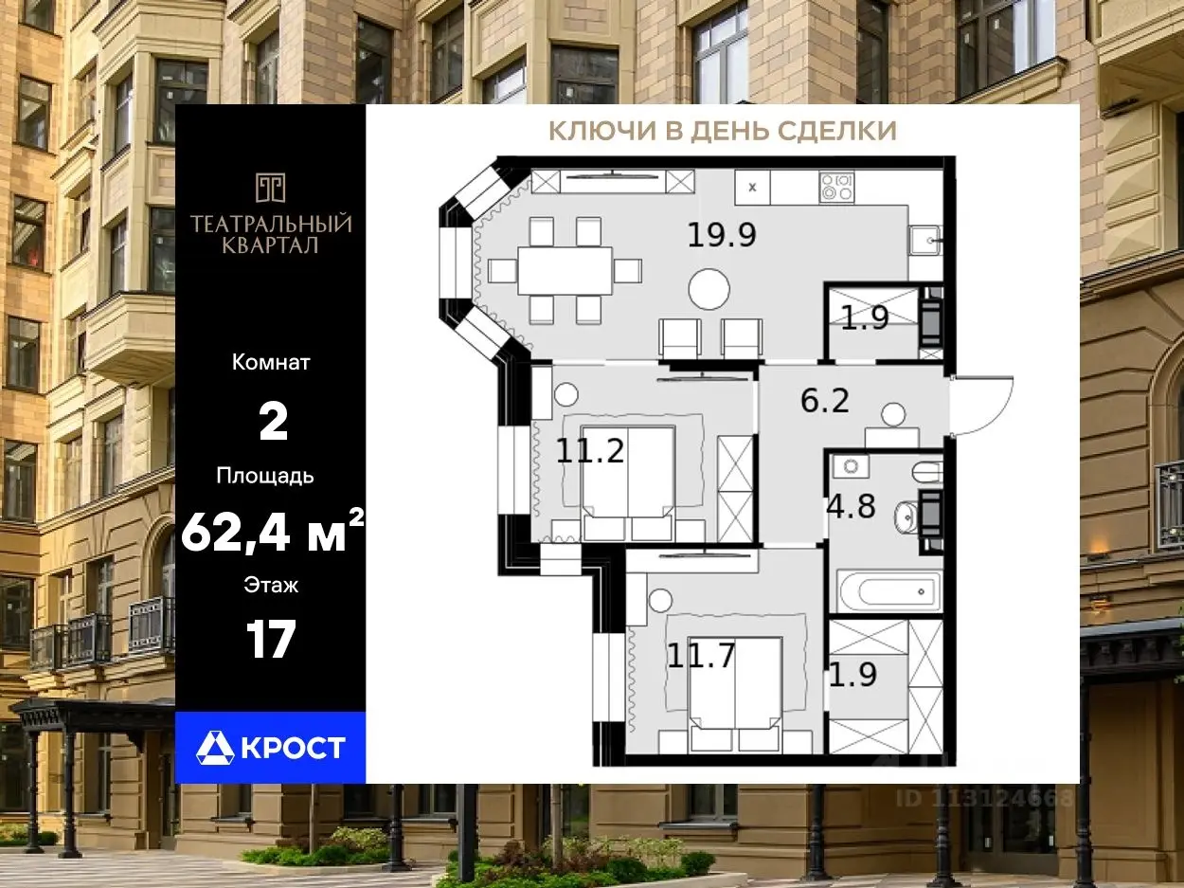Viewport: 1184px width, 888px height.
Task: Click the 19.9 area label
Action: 722,235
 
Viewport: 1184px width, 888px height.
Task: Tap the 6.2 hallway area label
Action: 825,400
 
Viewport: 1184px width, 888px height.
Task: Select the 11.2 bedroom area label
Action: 590,450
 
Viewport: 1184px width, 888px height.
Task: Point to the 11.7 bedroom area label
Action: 701,656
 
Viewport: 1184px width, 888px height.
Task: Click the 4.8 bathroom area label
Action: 851,507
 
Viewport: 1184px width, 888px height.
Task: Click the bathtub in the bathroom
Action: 889,590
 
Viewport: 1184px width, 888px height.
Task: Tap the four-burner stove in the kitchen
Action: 836,188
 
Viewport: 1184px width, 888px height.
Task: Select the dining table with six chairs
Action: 565,271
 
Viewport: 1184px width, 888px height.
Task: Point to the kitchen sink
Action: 924,240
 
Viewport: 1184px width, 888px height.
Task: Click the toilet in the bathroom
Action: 927,473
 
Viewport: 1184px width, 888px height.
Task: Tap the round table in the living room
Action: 709,289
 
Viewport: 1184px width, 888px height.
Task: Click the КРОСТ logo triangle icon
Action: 215,747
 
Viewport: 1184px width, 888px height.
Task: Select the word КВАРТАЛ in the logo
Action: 270,245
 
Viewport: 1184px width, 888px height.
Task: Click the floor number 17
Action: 271,639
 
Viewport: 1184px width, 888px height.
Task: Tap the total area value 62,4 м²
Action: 273,532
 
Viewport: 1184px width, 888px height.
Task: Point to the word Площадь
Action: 265,477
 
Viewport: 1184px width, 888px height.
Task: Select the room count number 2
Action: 273,422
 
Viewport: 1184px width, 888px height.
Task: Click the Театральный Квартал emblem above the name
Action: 270,188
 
